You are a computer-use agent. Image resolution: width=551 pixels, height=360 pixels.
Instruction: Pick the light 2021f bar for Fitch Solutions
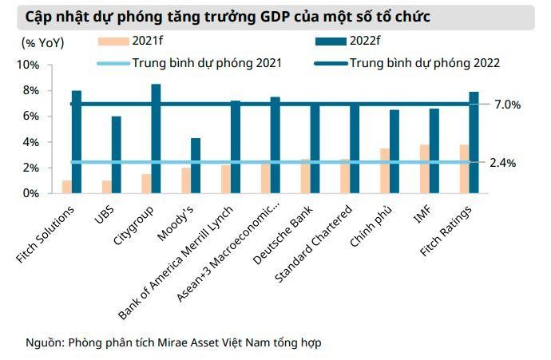[x=66, y=187]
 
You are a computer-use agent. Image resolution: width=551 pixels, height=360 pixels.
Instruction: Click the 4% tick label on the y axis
[x=29, y=142]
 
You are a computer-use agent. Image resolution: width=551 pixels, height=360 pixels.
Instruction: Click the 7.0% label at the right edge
[x=506, y=105]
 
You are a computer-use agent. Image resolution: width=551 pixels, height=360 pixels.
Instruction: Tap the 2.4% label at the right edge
[x=503, y=163]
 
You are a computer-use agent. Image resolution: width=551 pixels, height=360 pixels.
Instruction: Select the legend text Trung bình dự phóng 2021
[x=207, y=62]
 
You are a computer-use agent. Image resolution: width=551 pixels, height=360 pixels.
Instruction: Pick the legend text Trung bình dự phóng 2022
[x=425, y=62]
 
